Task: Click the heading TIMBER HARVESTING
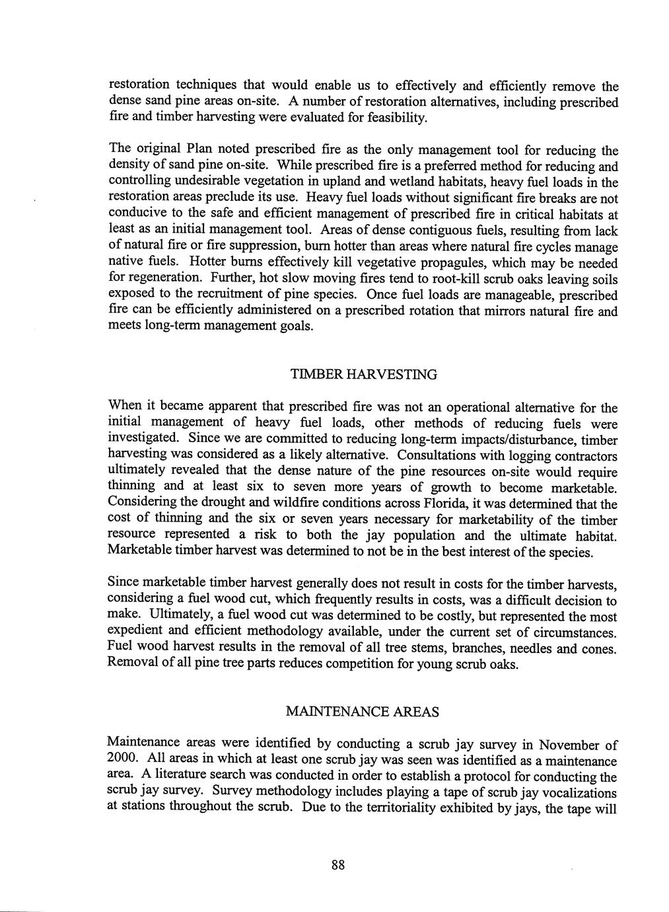[363, 375]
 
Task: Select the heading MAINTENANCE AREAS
[363, 712]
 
